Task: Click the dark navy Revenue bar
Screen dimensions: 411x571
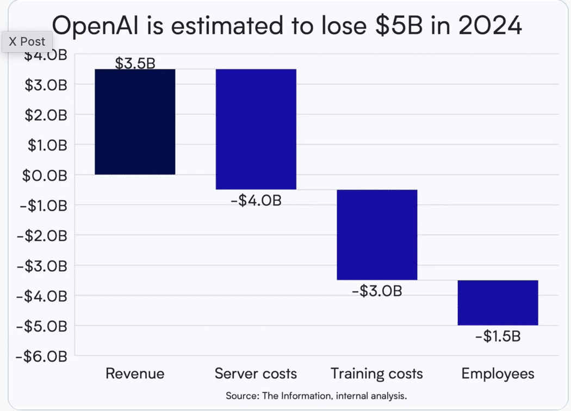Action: [x=135, y=122]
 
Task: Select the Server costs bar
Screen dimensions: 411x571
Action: [x=256, y=129]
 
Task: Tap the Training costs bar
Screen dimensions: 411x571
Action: [x=377, y=234]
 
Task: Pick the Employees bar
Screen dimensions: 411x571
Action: [x=498, y=302]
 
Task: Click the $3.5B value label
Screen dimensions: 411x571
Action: [x=135, y=63]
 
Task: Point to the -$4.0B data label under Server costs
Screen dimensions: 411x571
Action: [x=256, y=200]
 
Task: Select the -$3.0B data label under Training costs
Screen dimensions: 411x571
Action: [x=377, y=291]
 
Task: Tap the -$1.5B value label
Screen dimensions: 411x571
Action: [x=498, y=337]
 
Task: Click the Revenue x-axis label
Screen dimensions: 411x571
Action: [x=135, y=373]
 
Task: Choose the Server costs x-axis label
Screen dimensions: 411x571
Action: [x=256, y=373]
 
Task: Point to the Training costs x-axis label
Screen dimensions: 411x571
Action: [x=377, y=373]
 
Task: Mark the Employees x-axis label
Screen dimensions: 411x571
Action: [x=498, y=373]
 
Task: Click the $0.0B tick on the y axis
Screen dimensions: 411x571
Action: [x=45, y=175]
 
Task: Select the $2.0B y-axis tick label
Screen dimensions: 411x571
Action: [x=45, y=115]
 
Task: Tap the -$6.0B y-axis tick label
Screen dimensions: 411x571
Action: [x=41, y=356]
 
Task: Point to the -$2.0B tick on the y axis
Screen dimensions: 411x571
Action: [x=41, y=235]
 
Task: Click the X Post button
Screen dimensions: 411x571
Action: [x=27, y=41]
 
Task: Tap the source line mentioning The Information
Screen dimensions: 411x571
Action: [x=316, y=396]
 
